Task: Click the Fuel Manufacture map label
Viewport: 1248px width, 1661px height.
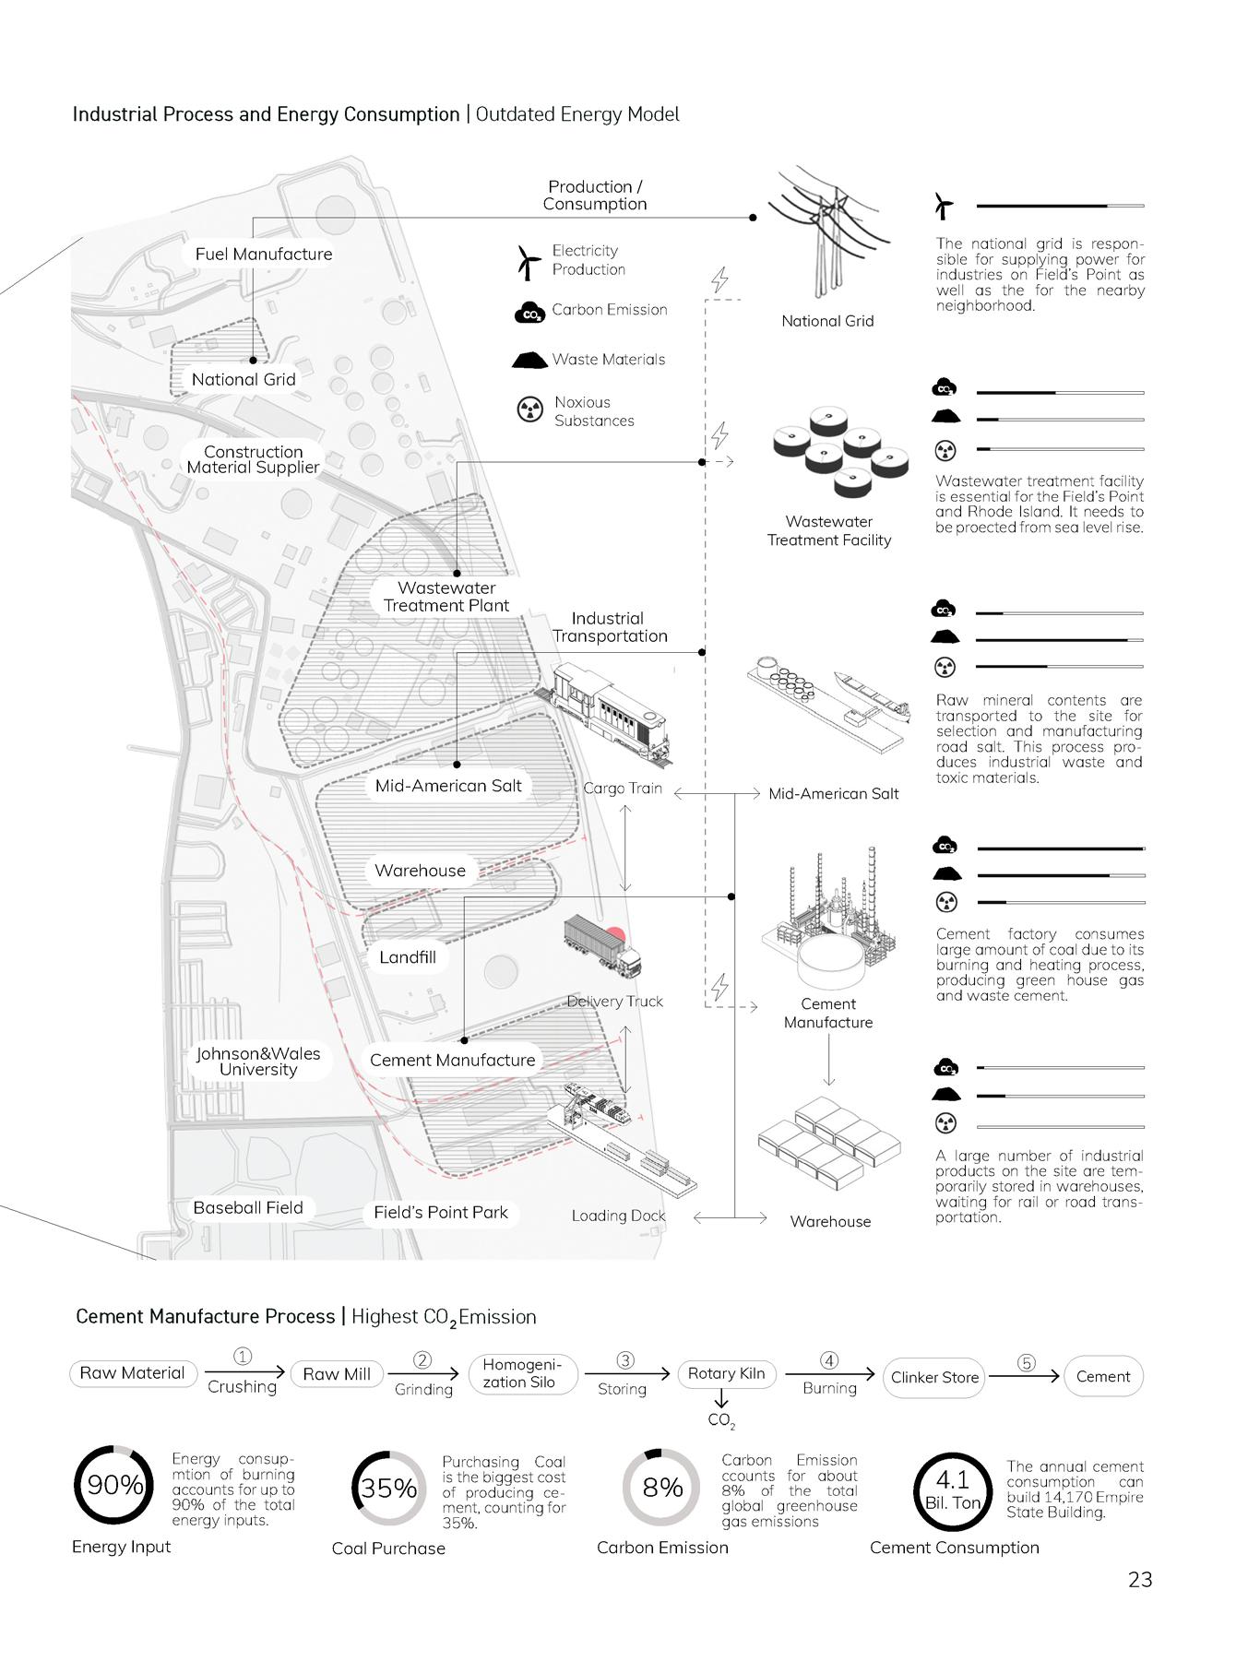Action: coord(263,255)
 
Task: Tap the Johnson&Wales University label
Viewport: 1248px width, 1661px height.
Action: coord(258,1062)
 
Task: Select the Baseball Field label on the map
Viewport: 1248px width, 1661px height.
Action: coord(247,1208)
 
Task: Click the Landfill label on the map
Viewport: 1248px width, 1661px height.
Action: coord(407,957)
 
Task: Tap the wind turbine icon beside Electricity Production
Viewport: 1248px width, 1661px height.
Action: coord(529,262)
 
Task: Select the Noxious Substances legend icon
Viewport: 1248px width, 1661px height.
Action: coord(529,410)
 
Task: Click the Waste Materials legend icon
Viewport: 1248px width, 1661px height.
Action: coord(529,360)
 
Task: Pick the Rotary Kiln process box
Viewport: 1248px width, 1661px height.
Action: coord(726,1374)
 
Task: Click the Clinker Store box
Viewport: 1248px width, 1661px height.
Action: coord(934,1377)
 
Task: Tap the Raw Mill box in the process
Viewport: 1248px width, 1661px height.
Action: coord(337,1374)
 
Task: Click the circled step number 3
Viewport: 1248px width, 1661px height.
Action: coord(625,1360)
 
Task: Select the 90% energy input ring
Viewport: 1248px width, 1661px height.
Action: coord(114,1485)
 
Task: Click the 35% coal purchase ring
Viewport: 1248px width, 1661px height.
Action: coord(388,1489)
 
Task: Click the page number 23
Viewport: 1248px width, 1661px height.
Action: coord(1140,1580)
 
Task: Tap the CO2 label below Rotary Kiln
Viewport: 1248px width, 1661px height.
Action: coord(721,1420)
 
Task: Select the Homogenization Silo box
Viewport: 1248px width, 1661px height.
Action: coord(522,1373)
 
